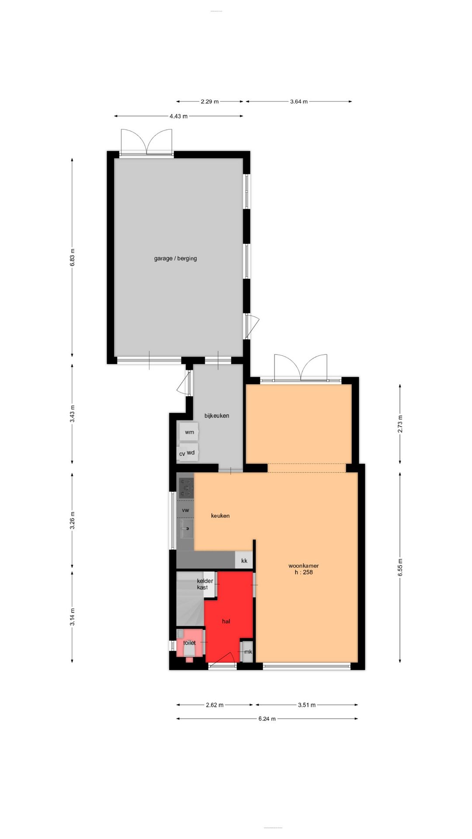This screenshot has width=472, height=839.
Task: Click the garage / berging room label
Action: (175, 258)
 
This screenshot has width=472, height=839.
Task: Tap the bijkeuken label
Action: (217, 416)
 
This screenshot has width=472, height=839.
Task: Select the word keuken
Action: (220, 516)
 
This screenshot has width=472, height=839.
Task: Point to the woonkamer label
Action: (303, 565)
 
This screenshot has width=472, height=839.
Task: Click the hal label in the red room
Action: (226, 621)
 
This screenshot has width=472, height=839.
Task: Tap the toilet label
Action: (189, 643)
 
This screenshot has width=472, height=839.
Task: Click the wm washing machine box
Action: (189, 432)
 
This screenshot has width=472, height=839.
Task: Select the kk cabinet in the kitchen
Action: (244, 561)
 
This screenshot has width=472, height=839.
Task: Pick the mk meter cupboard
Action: (248, 652)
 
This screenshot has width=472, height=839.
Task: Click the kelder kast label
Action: (205, 584)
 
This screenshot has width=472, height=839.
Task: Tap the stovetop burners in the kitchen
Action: (186, 487)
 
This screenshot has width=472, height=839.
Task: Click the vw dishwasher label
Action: (185, 510)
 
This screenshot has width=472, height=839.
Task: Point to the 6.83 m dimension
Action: (73, 257)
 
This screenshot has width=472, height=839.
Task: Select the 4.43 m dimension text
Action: (178, 116)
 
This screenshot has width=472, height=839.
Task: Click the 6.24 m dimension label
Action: (267, 718)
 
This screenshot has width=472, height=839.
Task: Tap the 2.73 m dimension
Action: (400, 423)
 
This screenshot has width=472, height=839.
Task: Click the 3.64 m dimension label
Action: (298, 101)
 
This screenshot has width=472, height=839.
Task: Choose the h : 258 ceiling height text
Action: (303, 572)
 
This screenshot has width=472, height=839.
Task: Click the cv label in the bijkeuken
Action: (182, 454)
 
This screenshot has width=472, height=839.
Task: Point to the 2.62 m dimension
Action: (215, 705)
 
